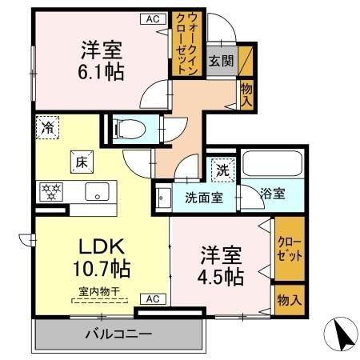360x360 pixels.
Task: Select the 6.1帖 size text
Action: click(101, 73)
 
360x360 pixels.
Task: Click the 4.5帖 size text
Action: click(222, 275)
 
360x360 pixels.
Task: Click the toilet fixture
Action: click(128, 128)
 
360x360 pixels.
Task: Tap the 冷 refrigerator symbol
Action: click(48, 126)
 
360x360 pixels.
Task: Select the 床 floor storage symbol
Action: click(82, 161)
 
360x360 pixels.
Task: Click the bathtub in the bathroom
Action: click(270, 164)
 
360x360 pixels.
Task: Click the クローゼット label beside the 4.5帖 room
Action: click(290, 250)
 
